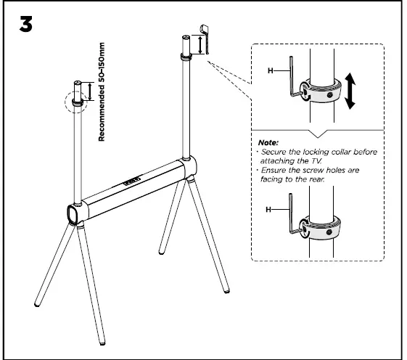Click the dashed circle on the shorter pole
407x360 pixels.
point(75,99)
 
